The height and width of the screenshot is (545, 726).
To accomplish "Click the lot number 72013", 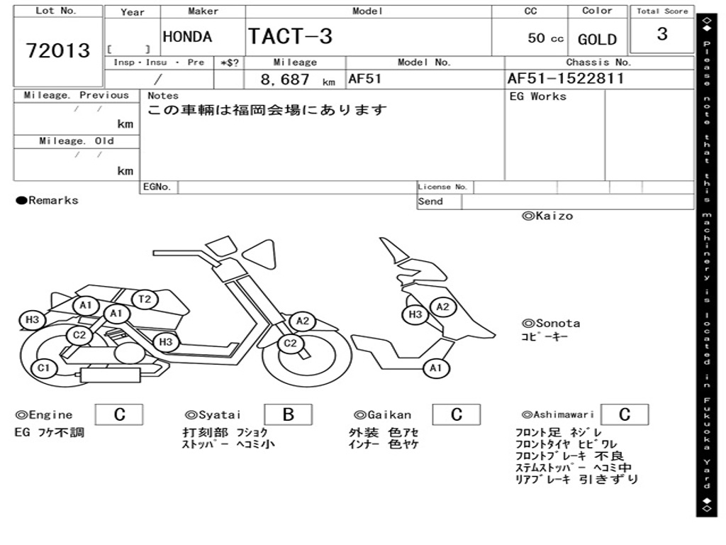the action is point(58,50).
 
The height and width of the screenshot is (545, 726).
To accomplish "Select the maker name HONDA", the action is point(187,37).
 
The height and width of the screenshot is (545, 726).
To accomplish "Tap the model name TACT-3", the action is point(290,36).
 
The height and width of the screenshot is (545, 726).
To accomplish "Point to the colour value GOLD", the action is point(597,40).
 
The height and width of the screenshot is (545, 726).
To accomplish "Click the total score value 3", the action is point(661,34).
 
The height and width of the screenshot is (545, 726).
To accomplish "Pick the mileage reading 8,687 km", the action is point(297,79).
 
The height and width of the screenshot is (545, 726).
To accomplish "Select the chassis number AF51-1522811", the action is point(565,79).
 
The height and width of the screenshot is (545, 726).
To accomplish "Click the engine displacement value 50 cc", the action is point(545,38).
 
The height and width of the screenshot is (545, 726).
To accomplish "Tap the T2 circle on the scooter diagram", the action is point(145,299).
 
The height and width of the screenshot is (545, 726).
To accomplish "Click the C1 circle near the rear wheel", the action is point(44,368).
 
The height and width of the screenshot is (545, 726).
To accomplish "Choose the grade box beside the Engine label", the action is point(119,414).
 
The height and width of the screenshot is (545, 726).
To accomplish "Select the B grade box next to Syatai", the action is point(288,414).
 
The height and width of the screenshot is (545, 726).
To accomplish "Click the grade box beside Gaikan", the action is point(457,414).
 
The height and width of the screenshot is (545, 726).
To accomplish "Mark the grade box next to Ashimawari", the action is point(624,414).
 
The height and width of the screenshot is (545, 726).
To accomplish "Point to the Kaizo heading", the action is point(547,216).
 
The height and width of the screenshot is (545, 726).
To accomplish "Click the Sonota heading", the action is point(551,324).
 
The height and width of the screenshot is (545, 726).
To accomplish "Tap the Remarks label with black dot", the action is point(48,201).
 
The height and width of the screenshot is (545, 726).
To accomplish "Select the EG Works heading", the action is point(538,96).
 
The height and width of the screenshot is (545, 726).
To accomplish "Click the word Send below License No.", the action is point(430,202).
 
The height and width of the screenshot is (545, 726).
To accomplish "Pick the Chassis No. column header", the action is point(598,62).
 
